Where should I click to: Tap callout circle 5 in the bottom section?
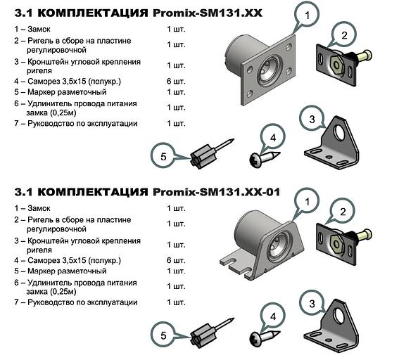pos(163,335)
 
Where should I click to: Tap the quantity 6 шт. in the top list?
pos(176,81)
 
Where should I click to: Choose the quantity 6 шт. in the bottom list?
pos(176,260)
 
